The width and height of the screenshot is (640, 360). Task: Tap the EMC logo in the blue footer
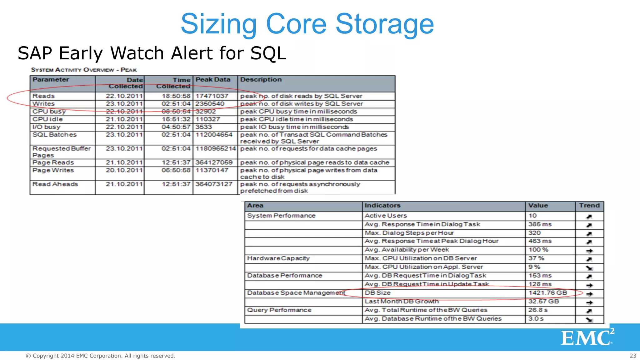tap(587, 337)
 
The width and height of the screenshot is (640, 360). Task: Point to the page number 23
tap(633, 356)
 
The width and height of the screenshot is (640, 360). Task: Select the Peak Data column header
tap(213, 80)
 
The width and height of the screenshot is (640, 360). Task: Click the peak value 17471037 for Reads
tap(212, 96)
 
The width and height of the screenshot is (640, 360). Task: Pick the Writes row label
tap(44, 104)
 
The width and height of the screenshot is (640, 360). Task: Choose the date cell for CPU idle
tap(124, 119)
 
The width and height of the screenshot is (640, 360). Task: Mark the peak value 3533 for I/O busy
tap(204, 127)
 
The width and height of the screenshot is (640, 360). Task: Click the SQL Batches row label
tap(55, 135)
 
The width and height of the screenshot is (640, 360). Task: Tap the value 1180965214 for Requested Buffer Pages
tap(216, 149)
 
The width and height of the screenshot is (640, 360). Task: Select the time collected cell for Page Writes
tap(176, 170)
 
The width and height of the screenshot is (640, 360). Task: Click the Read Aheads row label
tap(55, 184)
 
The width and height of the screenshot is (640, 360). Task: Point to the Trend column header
tap(589, 206)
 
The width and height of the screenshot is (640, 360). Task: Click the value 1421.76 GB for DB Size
tap(547, 293)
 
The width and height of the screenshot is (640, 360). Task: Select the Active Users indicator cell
tap(386, 216)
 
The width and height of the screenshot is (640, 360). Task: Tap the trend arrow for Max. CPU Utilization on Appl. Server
tap(589, 268)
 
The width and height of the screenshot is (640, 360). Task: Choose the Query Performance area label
tap(279, 310)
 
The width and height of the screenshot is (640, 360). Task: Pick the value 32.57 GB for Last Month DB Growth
tap(543, 302)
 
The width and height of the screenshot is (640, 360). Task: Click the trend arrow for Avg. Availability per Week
tap(589, 251)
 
